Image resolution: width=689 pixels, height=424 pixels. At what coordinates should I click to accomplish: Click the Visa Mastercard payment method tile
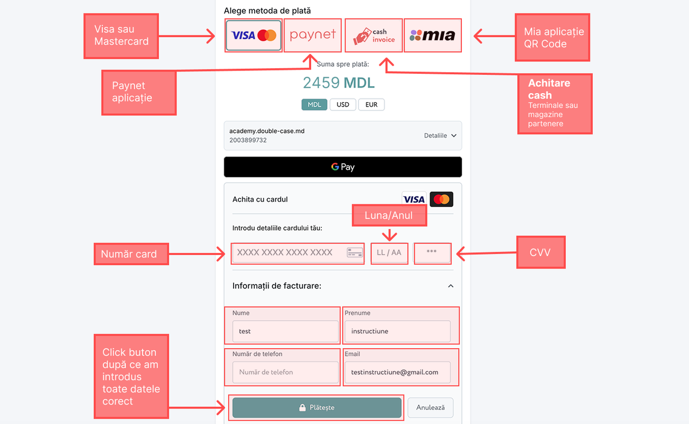[x=254, y=36]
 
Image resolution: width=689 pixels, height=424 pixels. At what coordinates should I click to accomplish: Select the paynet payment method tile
[x=312, y=36]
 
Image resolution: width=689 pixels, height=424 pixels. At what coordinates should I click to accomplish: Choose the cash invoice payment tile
[x=374, y=36]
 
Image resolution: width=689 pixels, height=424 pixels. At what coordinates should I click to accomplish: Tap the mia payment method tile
[x=432, y=36]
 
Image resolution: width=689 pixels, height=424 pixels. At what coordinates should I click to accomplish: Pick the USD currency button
[x=343, y=104]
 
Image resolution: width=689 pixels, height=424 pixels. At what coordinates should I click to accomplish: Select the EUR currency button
[x=371, y=104]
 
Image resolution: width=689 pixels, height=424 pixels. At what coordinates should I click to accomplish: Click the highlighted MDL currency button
[x=314, y=104]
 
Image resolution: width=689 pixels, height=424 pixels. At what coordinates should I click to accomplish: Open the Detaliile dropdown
[x=440, y=136]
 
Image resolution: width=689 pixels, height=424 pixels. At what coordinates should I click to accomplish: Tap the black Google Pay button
[x=343, y=167]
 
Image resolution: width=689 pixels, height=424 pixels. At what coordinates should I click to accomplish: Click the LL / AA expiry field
[x=389, y=252]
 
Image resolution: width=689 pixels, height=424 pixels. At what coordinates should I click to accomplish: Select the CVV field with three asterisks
[x=432, y=252]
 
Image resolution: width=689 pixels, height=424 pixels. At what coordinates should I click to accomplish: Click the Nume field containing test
[x=285, y=331]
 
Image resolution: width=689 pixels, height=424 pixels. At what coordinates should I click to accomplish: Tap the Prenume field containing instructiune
[x=397, y=331]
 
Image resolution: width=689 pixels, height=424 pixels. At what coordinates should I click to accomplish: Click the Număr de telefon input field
[x=285, y=372]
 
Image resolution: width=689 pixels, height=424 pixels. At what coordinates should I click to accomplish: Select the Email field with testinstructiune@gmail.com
[x=397, y=372]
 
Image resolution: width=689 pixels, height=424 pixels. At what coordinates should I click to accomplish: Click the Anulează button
[x=430, y=407]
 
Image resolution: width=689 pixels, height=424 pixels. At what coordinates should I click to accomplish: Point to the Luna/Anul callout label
[x=389, y=215]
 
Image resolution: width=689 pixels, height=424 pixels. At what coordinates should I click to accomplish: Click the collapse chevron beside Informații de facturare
[x=451, y=286]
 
